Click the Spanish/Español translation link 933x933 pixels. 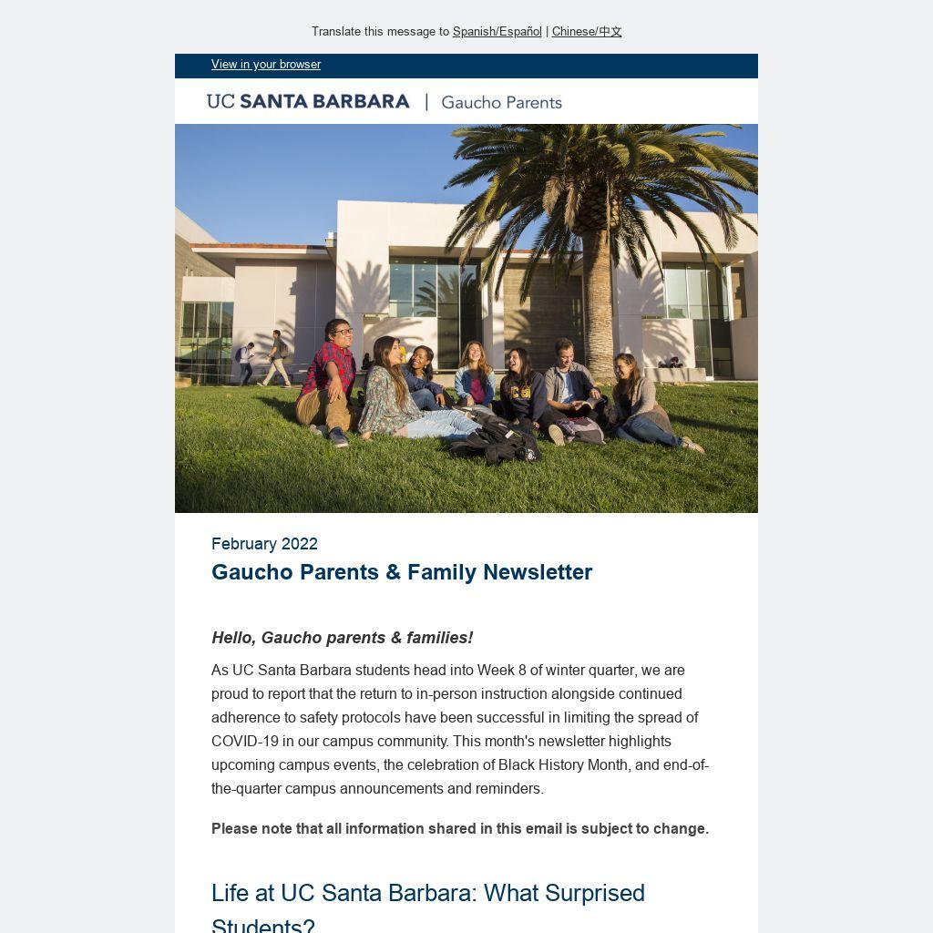(497, 32)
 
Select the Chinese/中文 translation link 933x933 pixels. (586, 32)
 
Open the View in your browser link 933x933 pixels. (266, 65)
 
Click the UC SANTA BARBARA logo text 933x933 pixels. (308, 102)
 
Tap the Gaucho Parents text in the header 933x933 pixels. (501, 103)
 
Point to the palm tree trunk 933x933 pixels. (598, 301)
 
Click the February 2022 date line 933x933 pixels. (264, 544)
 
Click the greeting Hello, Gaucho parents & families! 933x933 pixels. (342, 638)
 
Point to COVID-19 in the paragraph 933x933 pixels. (245, 742)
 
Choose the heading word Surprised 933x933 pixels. (591, 893)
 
